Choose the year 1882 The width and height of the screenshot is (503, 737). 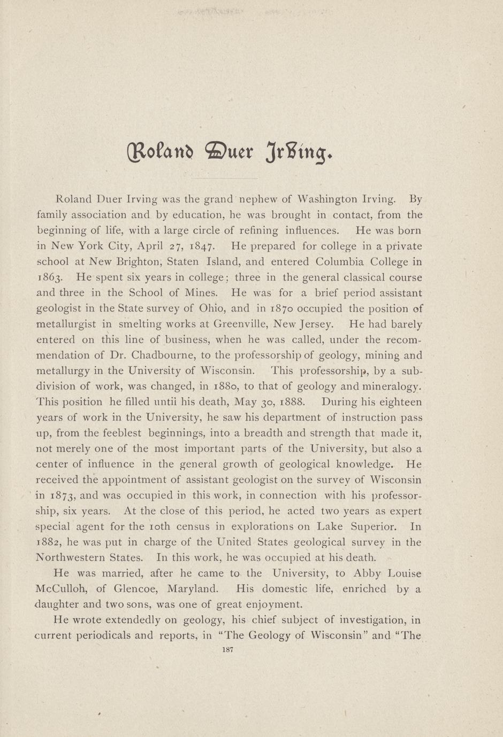tap(49, 542)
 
